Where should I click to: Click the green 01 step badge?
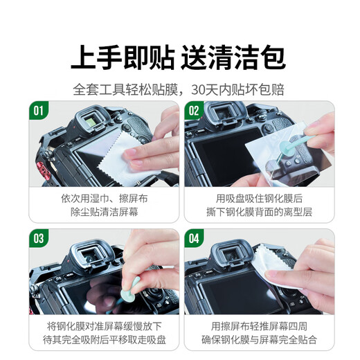(x=39, y=110)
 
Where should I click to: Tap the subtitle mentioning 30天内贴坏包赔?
(x=179, y=89)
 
